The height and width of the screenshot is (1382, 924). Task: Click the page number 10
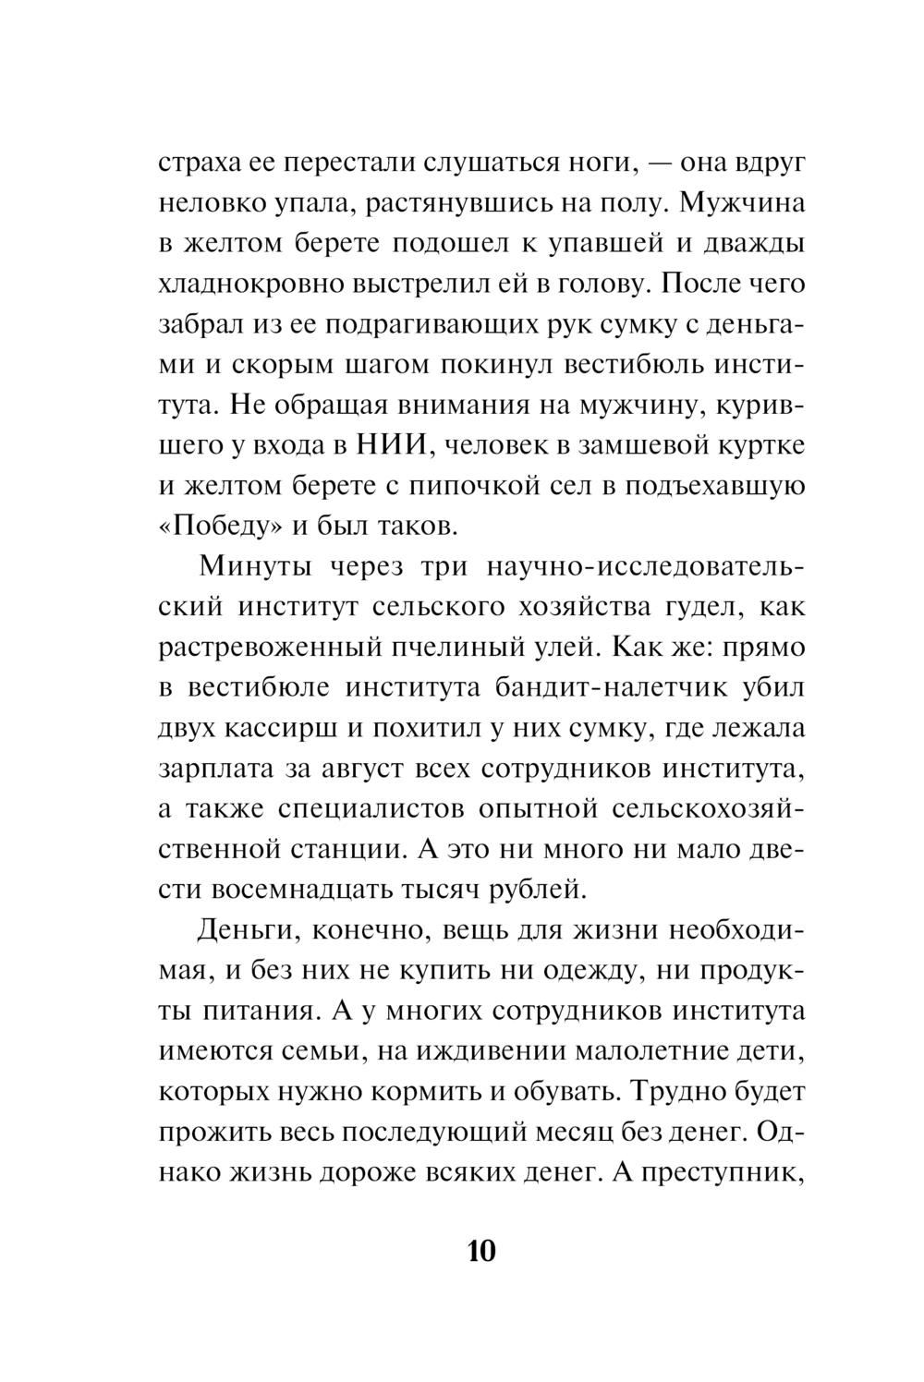coord(482,1252)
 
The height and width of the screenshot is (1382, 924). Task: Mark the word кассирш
coord(280,729)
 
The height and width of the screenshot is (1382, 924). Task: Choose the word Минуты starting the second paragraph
coord(247,566)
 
